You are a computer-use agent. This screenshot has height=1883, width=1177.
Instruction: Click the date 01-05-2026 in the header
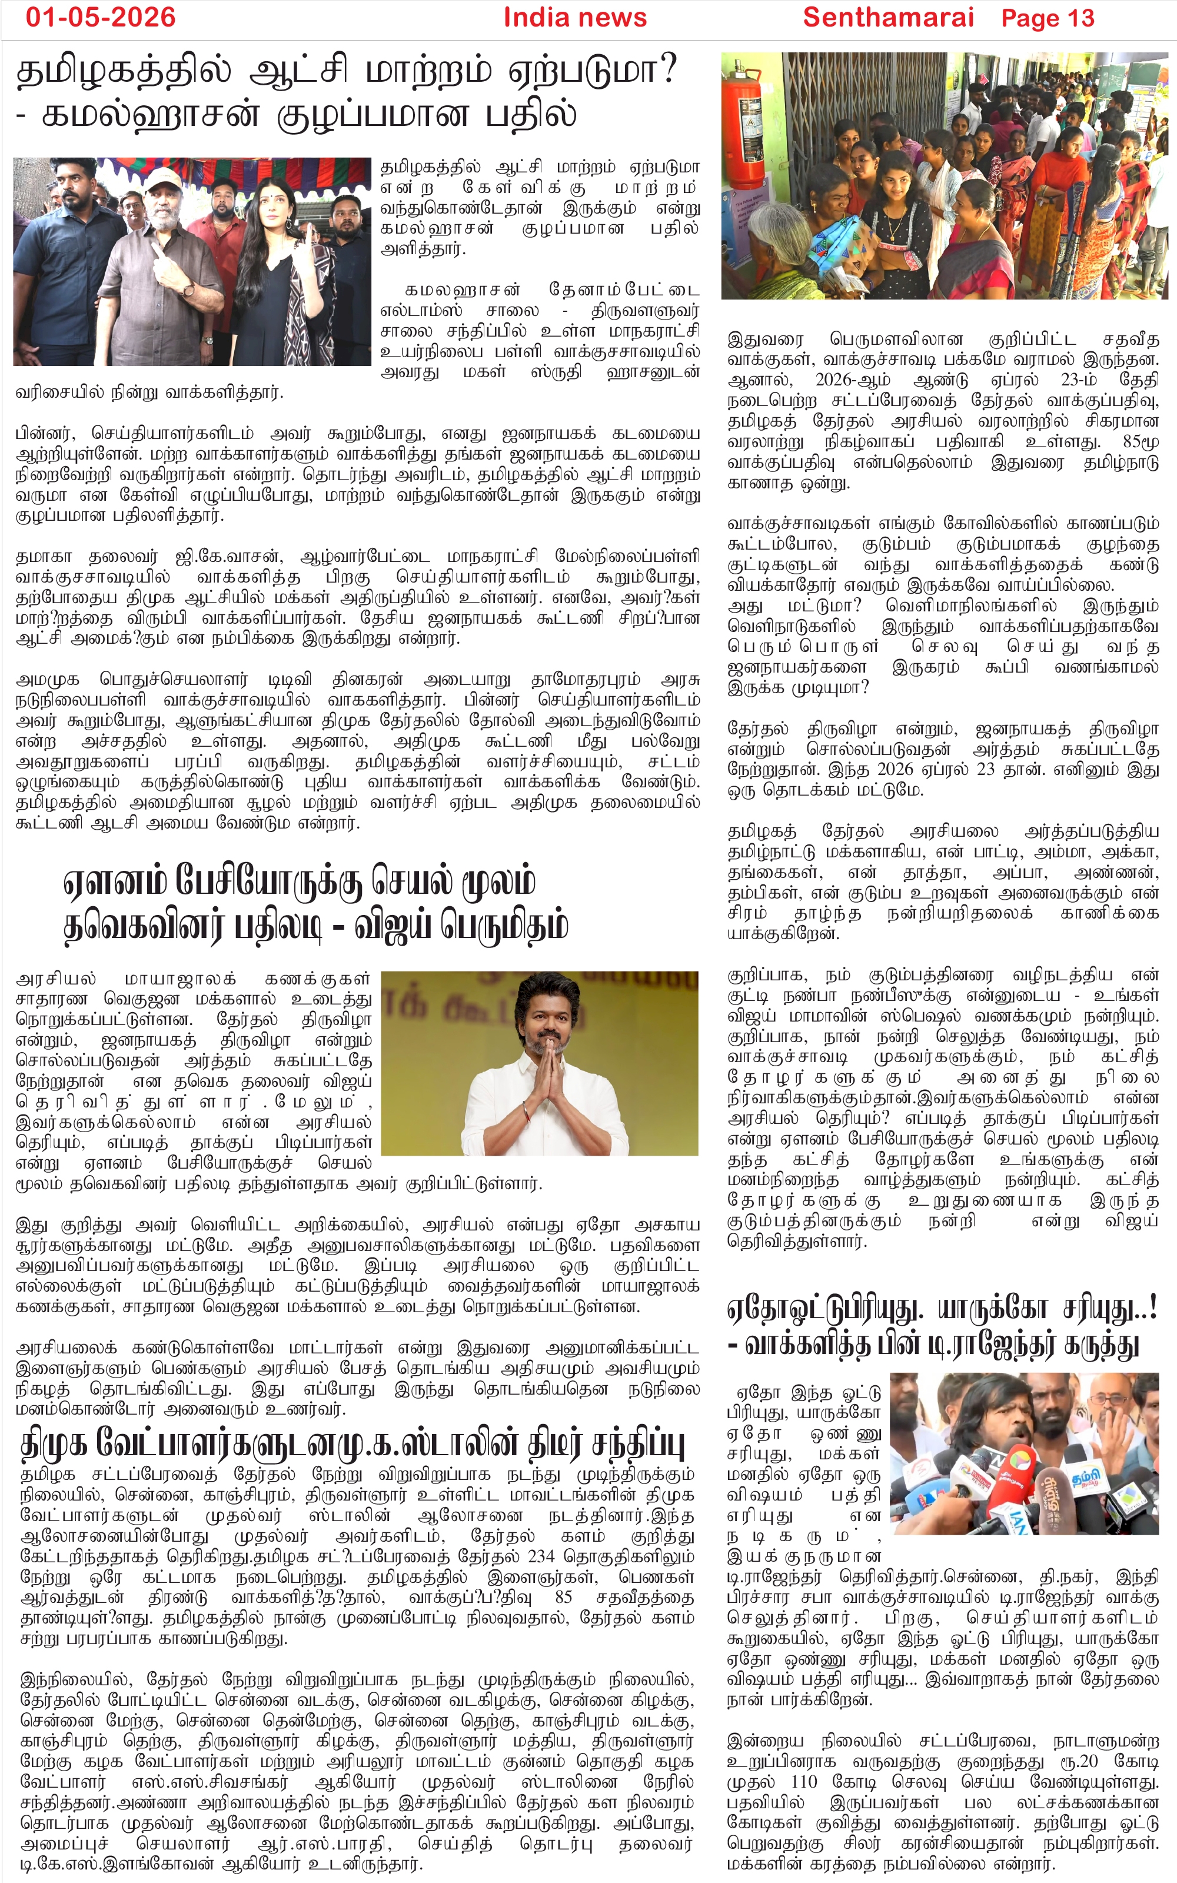coord(101,17)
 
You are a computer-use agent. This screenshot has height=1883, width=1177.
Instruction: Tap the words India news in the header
coord(574,17)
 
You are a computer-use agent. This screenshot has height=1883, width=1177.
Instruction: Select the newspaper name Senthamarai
coord(887,17)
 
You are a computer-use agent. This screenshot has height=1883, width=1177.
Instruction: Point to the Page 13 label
coord(1047,18)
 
